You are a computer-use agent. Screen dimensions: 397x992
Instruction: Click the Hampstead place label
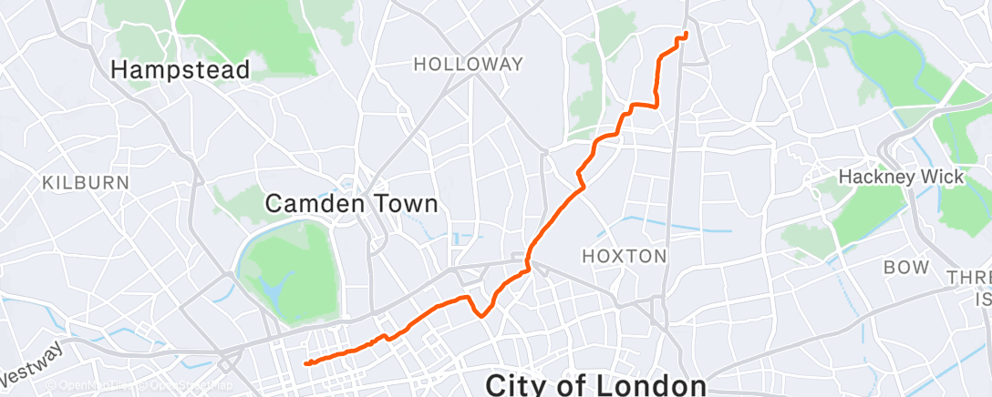pyautogui.click(x=180, y=69)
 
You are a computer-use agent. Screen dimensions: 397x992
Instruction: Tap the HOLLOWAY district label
pyautogui.click(x=468, y=65)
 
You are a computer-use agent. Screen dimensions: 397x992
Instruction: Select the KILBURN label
pyautogui.click(x=85, y=183)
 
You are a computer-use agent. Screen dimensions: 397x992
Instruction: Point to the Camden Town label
pyautogui.click(x=351, y=204)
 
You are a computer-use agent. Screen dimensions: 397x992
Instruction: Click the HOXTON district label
pyautogui.click(x=625, y=257)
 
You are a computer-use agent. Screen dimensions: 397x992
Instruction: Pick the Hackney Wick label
pyautogui.click(x=901, y=177)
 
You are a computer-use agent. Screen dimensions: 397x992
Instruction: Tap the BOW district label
pyautogui.click(x=906, y=268)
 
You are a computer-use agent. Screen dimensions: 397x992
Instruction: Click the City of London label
pyautogui.click(x=595, y=384)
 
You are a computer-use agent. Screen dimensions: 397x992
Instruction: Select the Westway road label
pyautogui.click(x=33, y=361)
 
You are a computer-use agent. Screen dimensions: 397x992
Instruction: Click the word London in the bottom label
pyautogui.click(x=650, y=384)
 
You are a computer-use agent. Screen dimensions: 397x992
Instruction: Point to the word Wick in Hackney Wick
pyautogui.click(x=943, y=177)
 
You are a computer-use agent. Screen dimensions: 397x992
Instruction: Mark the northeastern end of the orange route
pyautogui.click(x=686, y=35)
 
